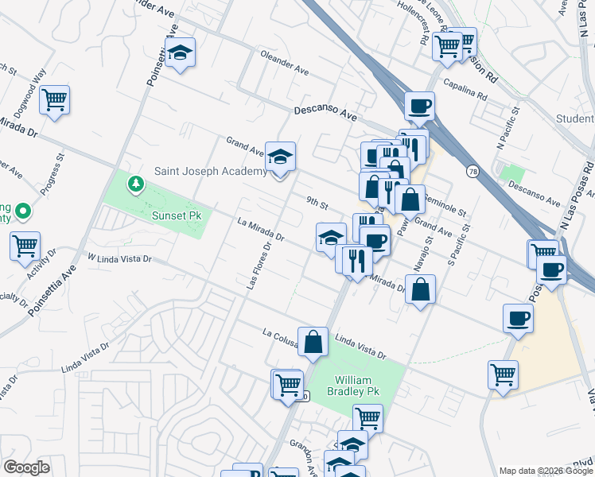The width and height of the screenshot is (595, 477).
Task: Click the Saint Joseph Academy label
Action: coord(211,172)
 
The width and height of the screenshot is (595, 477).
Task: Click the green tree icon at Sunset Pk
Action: coord(136,185)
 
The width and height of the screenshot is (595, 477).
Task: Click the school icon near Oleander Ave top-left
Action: coord(181,53)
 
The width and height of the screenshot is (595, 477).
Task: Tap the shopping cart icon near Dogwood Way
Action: coord(54,100)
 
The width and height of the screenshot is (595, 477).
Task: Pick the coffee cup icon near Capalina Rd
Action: coord(419,105)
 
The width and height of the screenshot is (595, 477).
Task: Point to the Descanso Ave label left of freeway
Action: coord(325,113)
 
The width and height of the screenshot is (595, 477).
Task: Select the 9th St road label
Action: coord(318,204)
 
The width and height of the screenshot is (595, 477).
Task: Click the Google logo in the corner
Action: coord(26,467)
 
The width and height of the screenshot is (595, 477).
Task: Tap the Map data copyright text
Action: coord(546,471)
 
